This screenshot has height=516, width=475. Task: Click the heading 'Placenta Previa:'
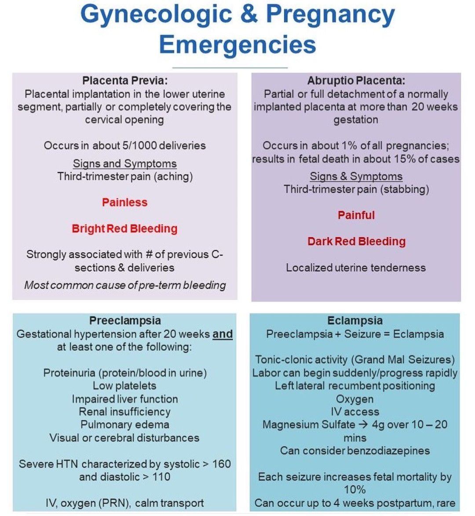tap(125, 81)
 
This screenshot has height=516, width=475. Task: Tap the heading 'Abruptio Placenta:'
tap(356, 81)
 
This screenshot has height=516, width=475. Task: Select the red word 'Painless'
tap(125, 202)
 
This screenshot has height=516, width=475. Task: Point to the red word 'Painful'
tap(356, 215)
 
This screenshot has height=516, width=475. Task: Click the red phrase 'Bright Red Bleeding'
tap(125, 229)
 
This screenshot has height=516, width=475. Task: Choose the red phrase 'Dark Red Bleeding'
tap(356, 242)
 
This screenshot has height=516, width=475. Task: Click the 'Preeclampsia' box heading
tap(125, 321)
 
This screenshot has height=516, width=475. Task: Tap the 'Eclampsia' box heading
tap(355, 321)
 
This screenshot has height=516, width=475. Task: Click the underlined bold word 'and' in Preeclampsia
tap(223, 334)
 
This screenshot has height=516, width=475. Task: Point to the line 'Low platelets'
tap(124, 386)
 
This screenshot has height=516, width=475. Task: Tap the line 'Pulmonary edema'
tap(125, 425)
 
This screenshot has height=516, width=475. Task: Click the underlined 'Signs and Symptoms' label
tap(125, 164)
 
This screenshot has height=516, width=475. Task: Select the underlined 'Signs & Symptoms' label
tap(356, 176)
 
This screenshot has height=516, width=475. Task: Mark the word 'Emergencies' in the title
tap(237, 44)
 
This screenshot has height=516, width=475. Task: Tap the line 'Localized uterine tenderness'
tap(356, 267)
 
